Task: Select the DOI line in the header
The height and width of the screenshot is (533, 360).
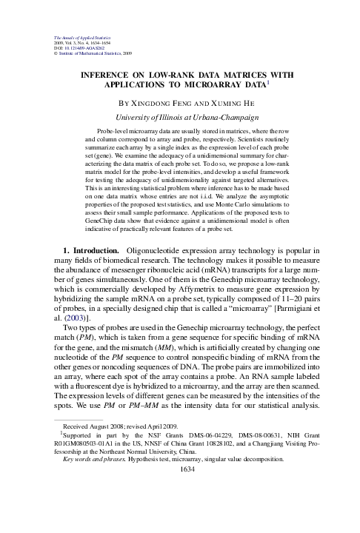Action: coord(79,48)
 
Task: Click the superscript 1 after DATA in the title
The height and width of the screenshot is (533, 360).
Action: coord(277,82)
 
